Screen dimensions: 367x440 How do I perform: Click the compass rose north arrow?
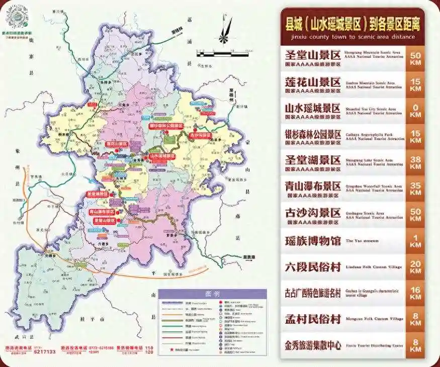tap(225, 31)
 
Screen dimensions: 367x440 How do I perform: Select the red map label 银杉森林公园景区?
tap(165, 126)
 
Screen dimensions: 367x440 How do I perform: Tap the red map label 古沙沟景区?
tap(200, 135)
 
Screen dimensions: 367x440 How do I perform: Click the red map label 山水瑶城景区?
tap(163, 156)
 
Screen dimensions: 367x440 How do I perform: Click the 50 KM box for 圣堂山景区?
tap(415, 58)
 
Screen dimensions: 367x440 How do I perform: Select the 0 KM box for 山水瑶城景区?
tap(415, 111)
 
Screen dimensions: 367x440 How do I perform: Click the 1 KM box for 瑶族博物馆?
tap(415, 241)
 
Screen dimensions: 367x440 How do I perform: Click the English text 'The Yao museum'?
tap(362, 241)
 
